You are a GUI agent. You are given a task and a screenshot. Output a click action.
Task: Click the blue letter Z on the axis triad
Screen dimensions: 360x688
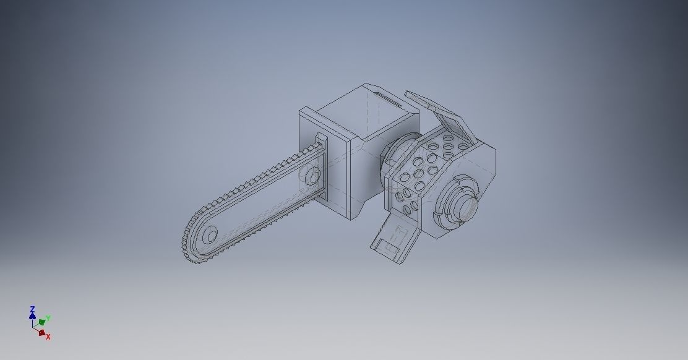pyautogui.click(x=32, y=308)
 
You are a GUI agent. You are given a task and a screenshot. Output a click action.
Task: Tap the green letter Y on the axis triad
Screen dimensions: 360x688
pyautogui.click(x=48, y=318)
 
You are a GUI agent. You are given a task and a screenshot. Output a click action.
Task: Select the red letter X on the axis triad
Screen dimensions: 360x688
pyautogui.click(x=48, y=336)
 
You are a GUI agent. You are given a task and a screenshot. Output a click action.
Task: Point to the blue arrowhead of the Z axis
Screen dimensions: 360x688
pyautogui.click(x=32, y=315)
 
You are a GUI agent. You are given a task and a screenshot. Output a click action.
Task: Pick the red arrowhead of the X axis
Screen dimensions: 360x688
pyautogui.click(x=41, y=332)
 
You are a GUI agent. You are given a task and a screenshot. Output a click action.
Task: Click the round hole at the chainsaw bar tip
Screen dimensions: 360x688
pyautogui.click(x=210, y=235)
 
